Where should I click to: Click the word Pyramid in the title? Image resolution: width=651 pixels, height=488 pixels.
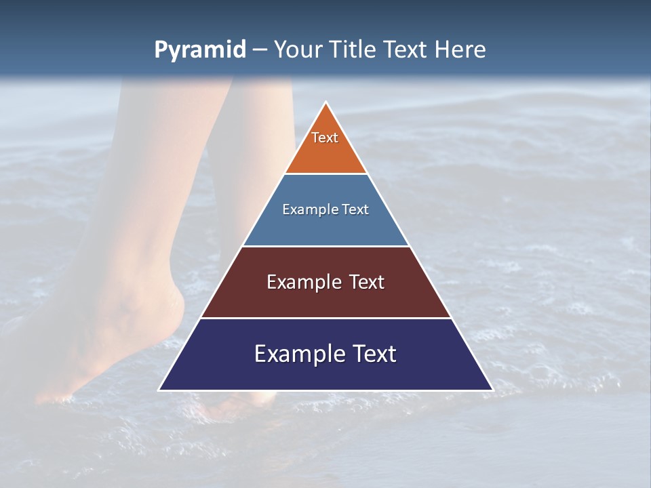pos(200,50)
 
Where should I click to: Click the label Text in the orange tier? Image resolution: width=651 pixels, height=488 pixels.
pos(325,138)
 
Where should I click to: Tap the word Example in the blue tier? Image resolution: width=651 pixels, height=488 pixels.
pos(304,209)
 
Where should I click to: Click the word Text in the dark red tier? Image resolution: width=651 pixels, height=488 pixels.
pos(367,282)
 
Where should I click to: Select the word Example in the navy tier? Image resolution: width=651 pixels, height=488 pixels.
pos(296,354)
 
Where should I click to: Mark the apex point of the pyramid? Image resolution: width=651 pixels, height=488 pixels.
pos(326,102)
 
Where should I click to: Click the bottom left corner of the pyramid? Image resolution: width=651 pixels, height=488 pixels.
pos(160,390)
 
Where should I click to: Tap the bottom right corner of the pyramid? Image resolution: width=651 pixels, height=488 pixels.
pos(492,390)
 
